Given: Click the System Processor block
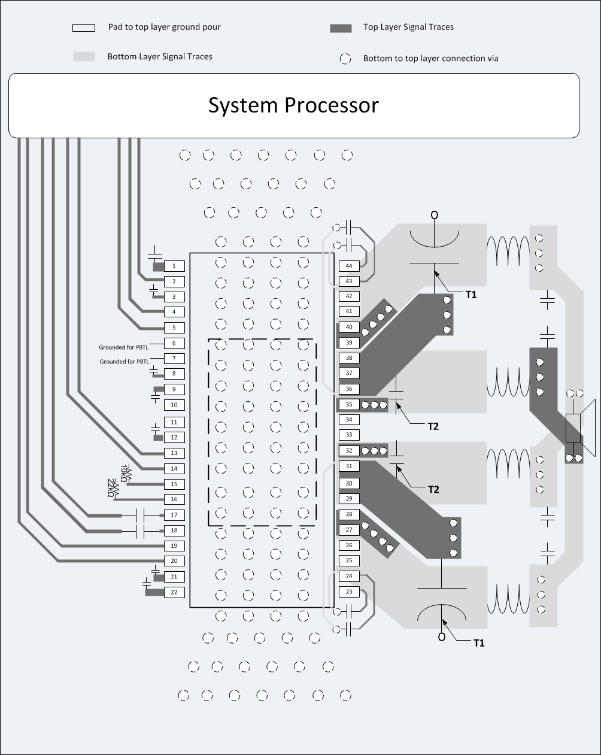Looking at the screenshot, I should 293,105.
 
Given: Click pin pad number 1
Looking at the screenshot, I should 174,265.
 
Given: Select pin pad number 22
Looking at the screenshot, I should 174,592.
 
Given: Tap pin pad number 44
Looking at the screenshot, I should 349,265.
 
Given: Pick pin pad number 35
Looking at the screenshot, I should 349,405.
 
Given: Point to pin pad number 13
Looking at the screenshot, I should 174,453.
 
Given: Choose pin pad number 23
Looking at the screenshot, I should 349,592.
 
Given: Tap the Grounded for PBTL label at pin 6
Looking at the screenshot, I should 125,347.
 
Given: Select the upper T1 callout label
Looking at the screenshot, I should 472,295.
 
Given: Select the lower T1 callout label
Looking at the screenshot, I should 479,643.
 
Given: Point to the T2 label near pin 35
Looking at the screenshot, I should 433,426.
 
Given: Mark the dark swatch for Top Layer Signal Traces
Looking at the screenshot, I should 341,28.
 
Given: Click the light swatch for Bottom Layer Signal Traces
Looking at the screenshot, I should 84,56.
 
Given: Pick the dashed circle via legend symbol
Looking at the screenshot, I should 345,59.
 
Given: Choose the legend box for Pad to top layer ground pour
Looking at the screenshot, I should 84,28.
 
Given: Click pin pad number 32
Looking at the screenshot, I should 349,450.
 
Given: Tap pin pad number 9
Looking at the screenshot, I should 174,389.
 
